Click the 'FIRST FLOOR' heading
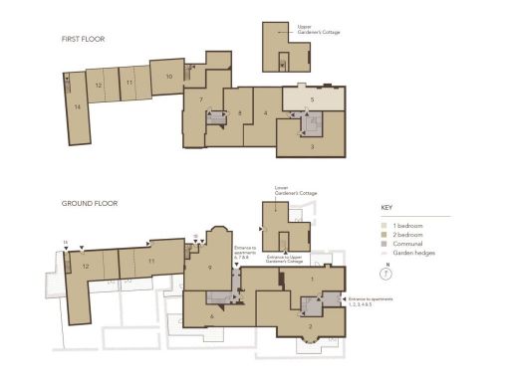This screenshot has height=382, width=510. [83, 40]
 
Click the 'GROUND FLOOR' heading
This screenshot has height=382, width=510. [90, 203]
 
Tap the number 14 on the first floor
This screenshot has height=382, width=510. [77, 105]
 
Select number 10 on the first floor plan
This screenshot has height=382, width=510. [169, 76]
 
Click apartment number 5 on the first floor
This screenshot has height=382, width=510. [312, 99]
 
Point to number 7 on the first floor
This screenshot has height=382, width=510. [201, 99]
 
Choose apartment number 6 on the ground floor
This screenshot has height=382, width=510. [211, 316]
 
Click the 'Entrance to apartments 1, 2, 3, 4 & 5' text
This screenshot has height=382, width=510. [370, 300]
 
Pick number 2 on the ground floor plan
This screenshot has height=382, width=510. [311, 326]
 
